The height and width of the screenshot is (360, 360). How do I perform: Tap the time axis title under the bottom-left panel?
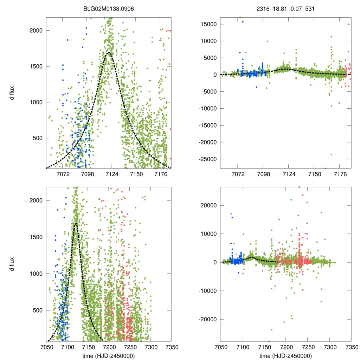109,356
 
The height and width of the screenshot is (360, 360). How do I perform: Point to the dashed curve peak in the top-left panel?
109,52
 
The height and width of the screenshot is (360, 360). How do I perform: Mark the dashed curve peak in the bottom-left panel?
76,223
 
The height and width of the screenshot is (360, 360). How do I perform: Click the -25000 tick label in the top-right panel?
206,159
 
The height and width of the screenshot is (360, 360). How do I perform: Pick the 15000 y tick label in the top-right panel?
208,24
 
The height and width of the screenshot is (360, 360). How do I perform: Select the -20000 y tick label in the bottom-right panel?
206,320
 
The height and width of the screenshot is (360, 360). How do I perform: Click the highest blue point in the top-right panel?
242,22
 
